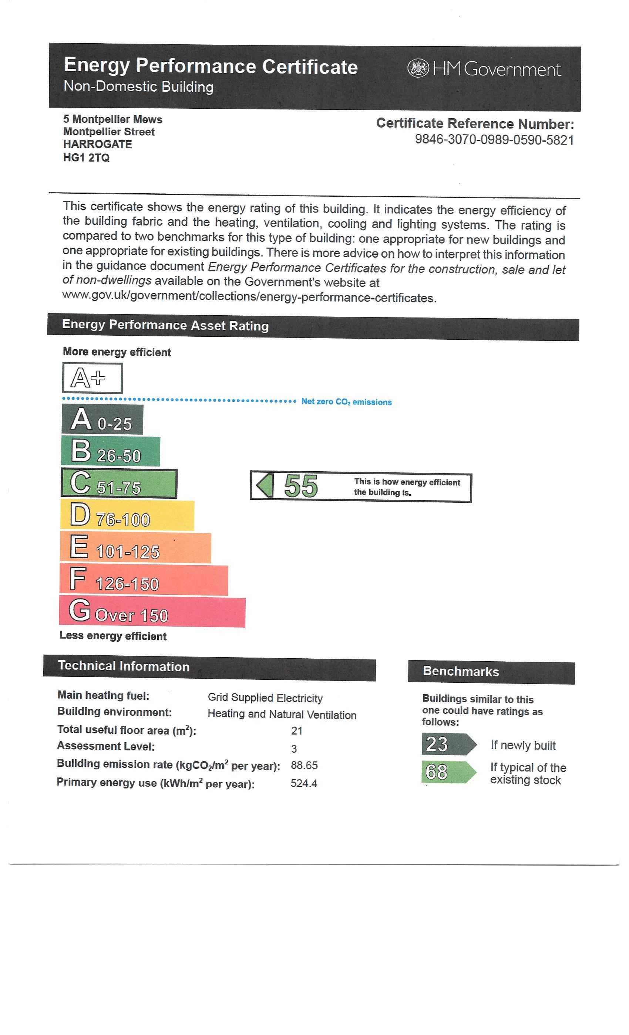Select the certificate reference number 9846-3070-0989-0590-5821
coord(494,139)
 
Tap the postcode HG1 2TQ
coord(86,157)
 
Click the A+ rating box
coord(92,378)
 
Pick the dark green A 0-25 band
coord(102,419)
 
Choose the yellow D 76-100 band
coord(127,515)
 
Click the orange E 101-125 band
coord(135,548)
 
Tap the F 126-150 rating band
coord(144,580)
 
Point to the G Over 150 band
coord(152,612)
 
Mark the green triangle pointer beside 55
coord(265,486)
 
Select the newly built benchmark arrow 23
coord(448,744)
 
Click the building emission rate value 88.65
coord(304,765)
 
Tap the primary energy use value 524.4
coord(303,783)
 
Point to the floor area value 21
coord(296,731)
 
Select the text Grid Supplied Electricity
coord(265,698)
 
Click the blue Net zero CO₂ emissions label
coord(346,402)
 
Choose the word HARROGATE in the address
coord(98,144)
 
